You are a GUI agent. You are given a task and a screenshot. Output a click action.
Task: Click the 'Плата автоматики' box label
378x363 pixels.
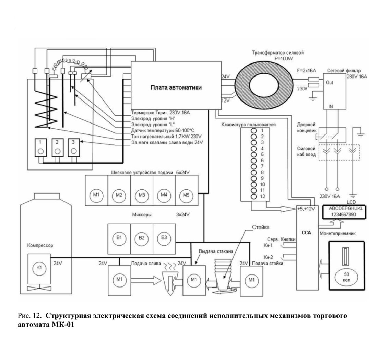[x=176, y=87]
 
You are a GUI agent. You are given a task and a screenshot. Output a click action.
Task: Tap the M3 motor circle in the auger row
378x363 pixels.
[x=142, y=195]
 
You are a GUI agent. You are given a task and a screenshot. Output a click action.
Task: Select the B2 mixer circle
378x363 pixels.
[x=142, y=238]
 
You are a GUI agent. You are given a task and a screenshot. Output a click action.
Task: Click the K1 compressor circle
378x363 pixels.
[x=39, y=268]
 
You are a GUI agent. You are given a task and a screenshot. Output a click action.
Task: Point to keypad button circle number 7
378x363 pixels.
[x=253, y=167]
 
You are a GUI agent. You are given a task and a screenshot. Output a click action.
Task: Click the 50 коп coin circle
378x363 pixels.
[x=346, y=277]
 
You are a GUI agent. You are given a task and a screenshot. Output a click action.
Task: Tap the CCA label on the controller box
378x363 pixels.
[x=306, y=233]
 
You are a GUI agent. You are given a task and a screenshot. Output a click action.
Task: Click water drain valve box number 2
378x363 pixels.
[x=57, y=148]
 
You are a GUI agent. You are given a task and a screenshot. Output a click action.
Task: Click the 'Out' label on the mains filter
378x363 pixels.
[x=329, y=83]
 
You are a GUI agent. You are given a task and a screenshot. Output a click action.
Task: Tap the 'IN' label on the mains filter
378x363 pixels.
[x=331, y=106]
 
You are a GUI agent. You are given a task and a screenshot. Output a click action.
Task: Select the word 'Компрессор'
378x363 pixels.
[x=40, y=245]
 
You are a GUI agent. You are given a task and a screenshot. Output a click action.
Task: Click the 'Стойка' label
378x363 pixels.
[x=261, y=227]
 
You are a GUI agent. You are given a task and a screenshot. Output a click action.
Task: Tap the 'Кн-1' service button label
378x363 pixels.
[x=268, y=245]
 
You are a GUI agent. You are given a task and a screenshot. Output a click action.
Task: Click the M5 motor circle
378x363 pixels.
[x=186, y=195]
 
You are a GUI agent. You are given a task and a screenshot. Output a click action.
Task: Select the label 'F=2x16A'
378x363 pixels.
[x=307, y=70]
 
